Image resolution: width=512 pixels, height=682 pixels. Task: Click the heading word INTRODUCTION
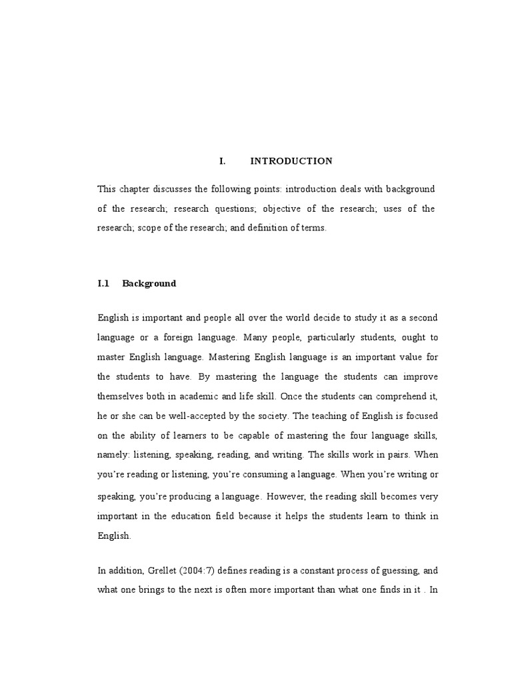point(291,161)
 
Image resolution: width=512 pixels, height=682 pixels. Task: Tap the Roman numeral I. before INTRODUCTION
point(223,161)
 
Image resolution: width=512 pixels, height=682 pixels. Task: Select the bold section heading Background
point(149,283)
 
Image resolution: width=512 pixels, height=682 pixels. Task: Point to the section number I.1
point(103,283)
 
